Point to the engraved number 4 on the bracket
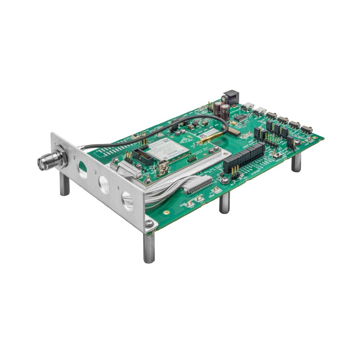coord(118,187)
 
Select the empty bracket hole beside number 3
coord(103,184)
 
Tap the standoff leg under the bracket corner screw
coord(149,247)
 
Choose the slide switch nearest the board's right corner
coord(306,129)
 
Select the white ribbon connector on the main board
coord(198,185)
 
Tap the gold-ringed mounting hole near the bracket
coord(166,212)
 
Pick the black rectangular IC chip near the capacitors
coord(240,117)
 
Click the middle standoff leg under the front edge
coord(224,202)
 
